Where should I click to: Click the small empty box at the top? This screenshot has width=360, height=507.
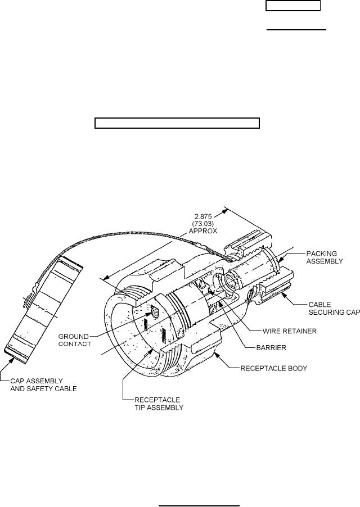click(293, 6)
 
